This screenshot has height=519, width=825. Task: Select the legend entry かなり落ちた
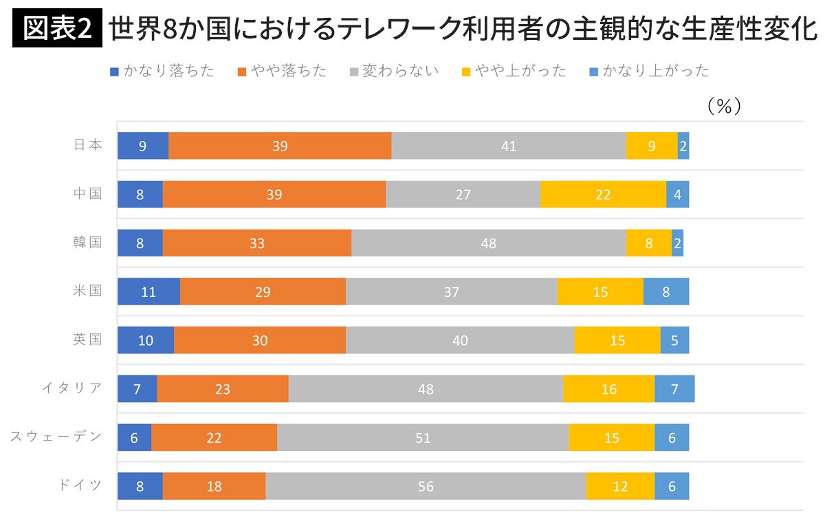click(162, 70)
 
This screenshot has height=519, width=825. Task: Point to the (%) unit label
click(723, 106)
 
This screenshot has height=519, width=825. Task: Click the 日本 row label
click(88, 145)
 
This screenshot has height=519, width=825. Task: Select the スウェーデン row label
click(56, 437)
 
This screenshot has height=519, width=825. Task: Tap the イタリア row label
click(72, 388)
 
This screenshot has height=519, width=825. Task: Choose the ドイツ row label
click(80, 485)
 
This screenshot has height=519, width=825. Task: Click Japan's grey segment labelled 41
click(509, 146)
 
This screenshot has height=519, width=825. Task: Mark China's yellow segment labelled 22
click(603, 195)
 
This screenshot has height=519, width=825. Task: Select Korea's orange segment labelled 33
click(257, 243)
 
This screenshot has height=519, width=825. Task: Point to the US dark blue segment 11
click(148, 291)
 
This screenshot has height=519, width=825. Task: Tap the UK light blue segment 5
click(674, 340)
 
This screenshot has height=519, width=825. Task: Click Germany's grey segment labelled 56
click(426, 486)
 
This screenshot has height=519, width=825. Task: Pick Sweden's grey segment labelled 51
click(423, 438)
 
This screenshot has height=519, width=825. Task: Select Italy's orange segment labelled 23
click(223, 389)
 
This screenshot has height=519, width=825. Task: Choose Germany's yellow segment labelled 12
click(620, 486)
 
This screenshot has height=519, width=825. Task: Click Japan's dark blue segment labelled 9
click(143, 146)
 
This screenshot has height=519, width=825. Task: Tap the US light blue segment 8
click(665, 291)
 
